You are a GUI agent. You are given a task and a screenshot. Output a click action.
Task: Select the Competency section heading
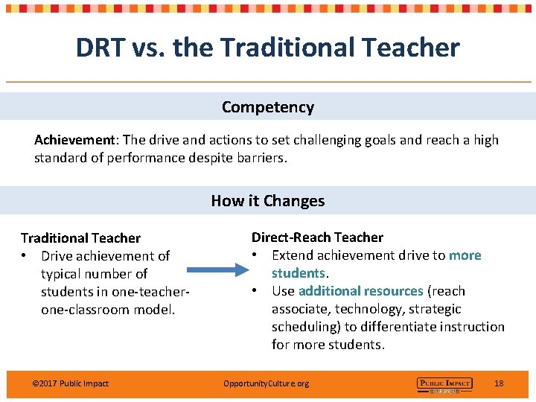[x=268, y=107]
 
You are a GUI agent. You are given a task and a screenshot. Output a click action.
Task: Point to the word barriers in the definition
[x=260, y=158]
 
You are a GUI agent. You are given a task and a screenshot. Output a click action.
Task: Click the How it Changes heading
[x=268, y=201]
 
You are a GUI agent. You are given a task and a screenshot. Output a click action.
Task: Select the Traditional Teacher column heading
[x=80, y=238]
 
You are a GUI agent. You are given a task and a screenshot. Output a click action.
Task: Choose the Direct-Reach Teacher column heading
[x=317, y=237]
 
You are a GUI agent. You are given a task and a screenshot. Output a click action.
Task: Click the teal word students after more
[x=298, y=273]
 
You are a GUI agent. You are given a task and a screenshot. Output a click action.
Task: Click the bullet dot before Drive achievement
[x=25, y=256]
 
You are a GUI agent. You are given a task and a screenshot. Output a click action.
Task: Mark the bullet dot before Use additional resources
[x=255, y=291]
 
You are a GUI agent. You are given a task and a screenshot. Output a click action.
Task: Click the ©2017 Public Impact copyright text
[x=71, y=383]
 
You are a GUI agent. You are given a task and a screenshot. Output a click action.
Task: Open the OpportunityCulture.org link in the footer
[x=266, y=383]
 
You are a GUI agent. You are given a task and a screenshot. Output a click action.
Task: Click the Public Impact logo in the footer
[x=444, y=384]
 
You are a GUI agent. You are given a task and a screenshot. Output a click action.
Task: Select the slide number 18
[x=499, y=383]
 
